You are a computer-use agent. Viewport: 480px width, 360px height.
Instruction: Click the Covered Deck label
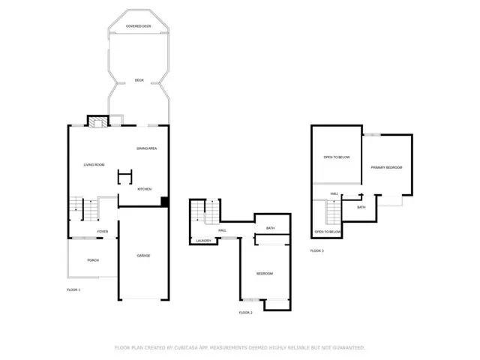(138, 26)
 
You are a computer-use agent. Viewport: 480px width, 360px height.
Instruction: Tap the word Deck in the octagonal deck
(139, 80)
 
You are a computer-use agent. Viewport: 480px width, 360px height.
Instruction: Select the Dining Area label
(147, 148)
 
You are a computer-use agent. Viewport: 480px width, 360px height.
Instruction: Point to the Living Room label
(94, 165)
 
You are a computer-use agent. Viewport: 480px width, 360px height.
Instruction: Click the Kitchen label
(145, 189)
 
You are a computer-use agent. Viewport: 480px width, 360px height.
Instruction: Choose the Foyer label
(103, 232)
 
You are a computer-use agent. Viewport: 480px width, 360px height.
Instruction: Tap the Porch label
(93, 260)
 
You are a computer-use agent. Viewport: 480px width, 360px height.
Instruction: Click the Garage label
(143, 256)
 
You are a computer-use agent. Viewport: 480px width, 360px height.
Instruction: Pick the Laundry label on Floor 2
(203, 241)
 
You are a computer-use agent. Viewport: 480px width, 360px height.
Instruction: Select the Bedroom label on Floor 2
(265, 274)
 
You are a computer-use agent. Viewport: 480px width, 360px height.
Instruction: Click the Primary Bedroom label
(386, 167)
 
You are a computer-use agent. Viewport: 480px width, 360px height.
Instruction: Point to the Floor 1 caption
(73, 290)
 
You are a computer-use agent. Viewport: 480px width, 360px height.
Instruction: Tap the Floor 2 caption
(245, 313)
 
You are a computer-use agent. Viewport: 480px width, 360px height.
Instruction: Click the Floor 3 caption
(316, 251)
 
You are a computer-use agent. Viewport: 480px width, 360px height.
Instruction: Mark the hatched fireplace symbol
(98, 121)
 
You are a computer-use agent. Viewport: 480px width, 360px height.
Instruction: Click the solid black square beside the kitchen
(165, 202)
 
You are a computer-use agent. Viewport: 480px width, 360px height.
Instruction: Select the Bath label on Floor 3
(361, 207)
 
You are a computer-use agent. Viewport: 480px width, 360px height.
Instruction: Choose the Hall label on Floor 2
(223, 230)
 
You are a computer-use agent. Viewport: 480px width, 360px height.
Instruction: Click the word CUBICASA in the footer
(186, 348)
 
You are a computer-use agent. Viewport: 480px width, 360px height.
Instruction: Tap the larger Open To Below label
(337, 157)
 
